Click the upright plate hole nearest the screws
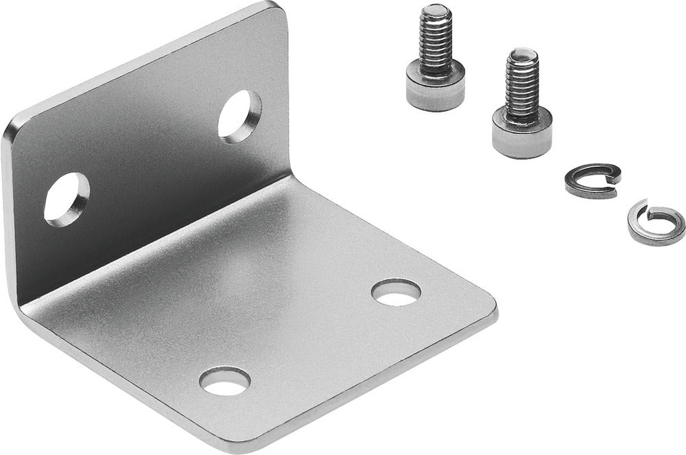[239, 116]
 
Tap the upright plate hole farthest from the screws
[67, 199]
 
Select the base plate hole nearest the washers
[396, 292]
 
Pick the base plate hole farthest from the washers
[224, 381]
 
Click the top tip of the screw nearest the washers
[523, 53]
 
